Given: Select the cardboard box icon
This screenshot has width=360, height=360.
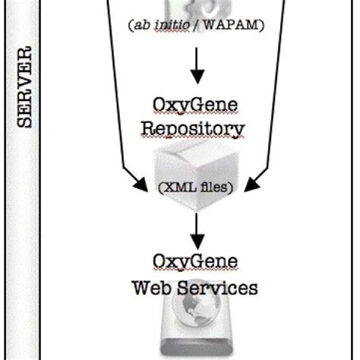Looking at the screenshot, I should click(x=197, y=163).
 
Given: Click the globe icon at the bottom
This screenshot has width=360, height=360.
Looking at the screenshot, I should click(x=197, y=325).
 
